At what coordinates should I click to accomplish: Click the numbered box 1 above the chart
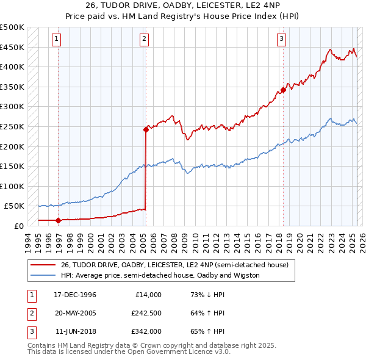click(56, 40)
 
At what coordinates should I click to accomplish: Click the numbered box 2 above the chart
click(144, 40)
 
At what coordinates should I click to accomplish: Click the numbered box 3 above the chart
click(281, 40)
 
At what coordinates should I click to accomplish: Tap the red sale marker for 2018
click(284, 90)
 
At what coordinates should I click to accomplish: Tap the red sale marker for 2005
click(146, 129)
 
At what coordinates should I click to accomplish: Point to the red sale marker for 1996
click(58, 220)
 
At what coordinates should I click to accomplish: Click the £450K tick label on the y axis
click(12, 47)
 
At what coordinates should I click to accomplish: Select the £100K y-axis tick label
click(12, 186)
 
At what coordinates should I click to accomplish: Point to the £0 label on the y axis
click(18, 226)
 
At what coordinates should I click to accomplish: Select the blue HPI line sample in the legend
click(43, 275)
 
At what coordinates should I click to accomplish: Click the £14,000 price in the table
click(148, 295)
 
